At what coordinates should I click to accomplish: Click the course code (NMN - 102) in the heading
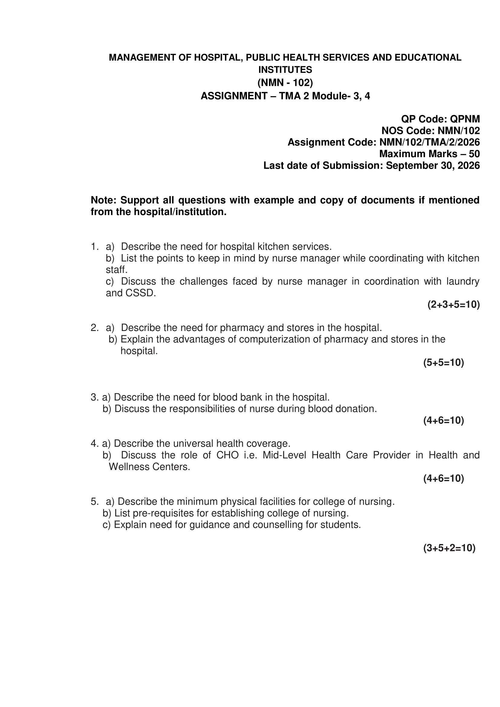pos(285,83)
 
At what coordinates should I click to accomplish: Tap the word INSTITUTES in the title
pos(285,70)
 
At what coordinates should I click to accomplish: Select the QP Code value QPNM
pos(465,119)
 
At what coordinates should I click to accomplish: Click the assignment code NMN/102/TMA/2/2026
pos(430,142)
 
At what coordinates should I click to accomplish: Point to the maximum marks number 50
pos(474,154)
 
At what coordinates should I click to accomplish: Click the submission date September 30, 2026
pos(433,166)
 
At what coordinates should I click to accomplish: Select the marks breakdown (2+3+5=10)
pos(453,305)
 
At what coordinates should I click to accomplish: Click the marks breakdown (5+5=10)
pos(443,363)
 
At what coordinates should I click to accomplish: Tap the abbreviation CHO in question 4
pos(228,455)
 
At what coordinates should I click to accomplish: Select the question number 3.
pos(94,397)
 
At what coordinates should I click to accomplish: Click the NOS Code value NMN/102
pos(459,131)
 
